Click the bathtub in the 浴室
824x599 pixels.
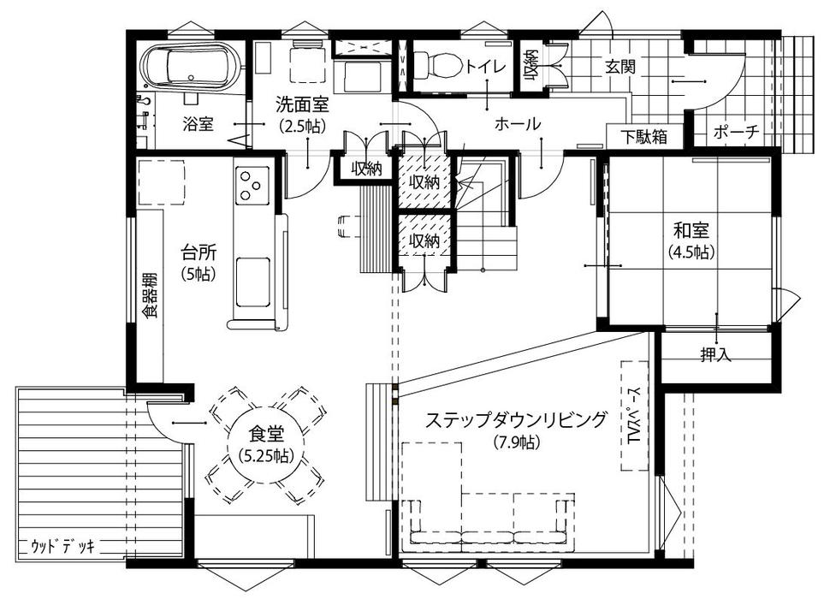point(192,65)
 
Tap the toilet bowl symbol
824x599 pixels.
point(437,67)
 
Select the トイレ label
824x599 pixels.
point(485,67)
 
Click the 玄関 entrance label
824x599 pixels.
point(620,67)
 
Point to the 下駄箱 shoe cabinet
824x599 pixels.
point(645,137)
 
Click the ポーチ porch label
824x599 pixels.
point(737,132)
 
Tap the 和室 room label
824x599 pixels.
point(691,230)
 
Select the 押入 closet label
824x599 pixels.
point(715,354)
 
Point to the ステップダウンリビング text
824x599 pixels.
point(515,420)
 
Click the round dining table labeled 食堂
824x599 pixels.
point(265,444)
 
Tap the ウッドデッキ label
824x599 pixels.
point(63,547)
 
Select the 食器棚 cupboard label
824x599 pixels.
point(151,296)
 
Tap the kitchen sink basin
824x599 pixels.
point(252,282)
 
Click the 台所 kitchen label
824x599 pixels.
point(199,252)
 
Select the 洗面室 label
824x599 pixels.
point(303,104)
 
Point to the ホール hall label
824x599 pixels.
point(517,125)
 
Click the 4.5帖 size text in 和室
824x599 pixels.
point(691,252)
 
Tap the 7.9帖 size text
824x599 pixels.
point(516,443)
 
